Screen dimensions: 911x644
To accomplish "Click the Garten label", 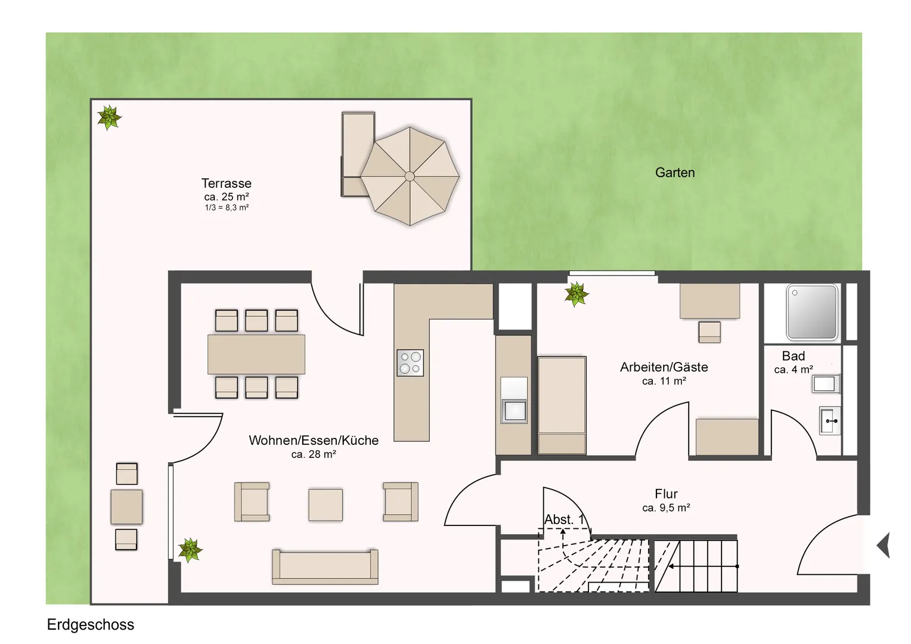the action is tap(675, 172).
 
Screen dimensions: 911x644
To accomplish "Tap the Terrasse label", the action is tap(226, 183).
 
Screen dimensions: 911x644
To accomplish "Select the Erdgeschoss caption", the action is tap(90, 624).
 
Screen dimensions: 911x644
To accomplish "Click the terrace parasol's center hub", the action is tap(410, 176).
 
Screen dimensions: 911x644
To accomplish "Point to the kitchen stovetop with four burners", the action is tap(410, 363).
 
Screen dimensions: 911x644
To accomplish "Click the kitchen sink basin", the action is tap(514, 410).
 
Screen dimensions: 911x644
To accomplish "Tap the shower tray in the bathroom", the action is tap(812, 312).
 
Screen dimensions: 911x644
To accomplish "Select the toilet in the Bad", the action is tap(826, 383).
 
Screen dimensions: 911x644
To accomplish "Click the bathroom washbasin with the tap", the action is tap(830, 420).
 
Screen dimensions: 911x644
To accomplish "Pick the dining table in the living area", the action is tap(256, 354).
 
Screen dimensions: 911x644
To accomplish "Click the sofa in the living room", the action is tap(325, 566).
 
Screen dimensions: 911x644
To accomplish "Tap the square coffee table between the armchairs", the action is tap(326, 505).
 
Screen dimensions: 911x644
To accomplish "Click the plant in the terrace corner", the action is tap(109, 117).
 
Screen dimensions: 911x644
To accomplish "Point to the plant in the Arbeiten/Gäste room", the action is tap(577, 294).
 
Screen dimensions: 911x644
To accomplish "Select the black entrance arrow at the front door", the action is tap(884, 545).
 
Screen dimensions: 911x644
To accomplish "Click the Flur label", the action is tap(666, 494).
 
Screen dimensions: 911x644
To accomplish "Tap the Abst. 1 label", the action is tap(564, 519).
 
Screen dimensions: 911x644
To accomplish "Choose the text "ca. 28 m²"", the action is tap(314, 454).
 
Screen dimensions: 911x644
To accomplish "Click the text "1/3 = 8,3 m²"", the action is tap(227, 208).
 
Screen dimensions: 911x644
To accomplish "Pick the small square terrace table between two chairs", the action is tap(126, 506).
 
